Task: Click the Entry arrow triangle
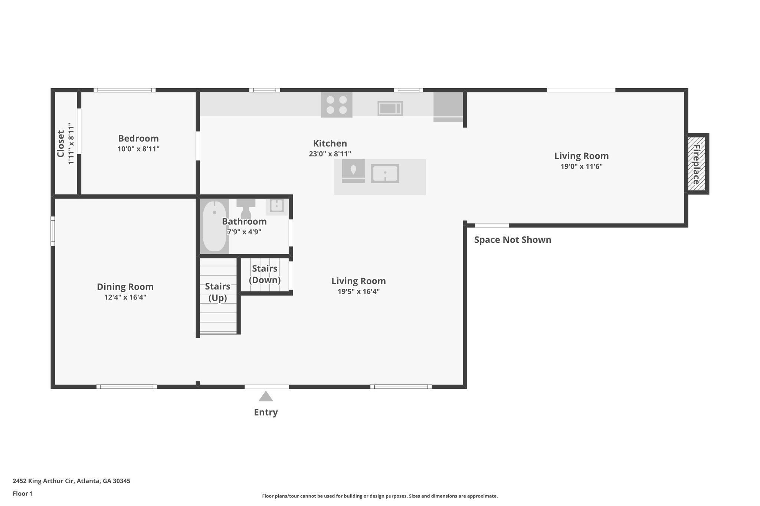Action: click(266, 397)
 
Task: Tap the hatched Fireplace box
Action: click(697, 164)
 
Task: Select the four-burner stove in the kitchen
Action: click(336, 105)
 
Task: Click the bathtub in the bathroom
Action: click(214, 226)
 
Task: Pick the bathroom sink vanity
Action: click(276, 206)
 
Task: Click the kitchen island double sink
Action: click(385, 173)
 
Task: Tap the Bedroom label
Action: click(138, 139)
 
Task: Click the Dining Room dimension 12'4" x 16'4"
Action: click(125, 297)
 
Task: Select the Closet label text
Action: click(60, 143)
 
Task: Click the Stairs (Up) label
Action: click(217, 292)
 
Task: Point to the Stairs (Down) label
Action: click(265, 274)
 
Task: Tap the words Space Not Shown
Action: click(512, 240)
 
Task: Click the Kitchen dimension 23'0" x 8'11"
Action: click(330, 154)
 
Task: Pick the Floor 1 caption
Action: click(23, 494)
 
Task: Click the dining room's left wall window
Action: click(53, 231)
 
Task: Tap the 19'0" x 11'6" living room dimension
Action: click(581, 166)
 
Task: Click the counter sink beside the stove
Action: click(390, 108)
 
